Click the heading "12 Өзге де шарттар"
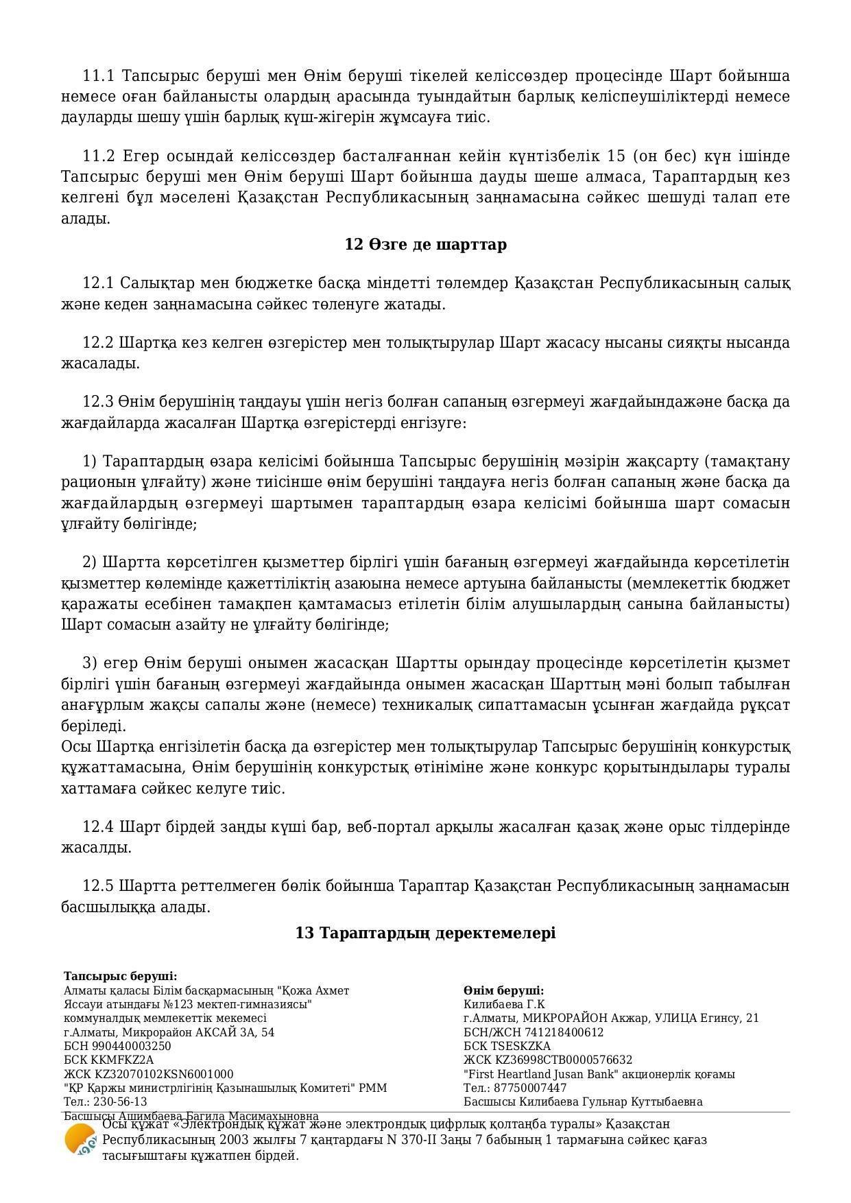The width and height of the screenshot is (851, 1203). point(425,244)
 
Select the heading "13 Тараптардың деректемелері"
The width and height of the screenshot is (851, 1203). point(425,933)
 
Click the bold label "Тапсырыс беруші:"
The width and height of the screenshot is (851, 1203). point(121,976)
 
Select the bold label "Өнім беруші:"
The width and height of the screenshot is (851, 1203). point(503,990)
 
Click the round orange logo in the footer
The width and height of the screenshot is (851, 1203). point(80,1140)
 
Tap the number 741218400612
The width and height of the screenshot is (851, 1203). point(564,1032)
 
